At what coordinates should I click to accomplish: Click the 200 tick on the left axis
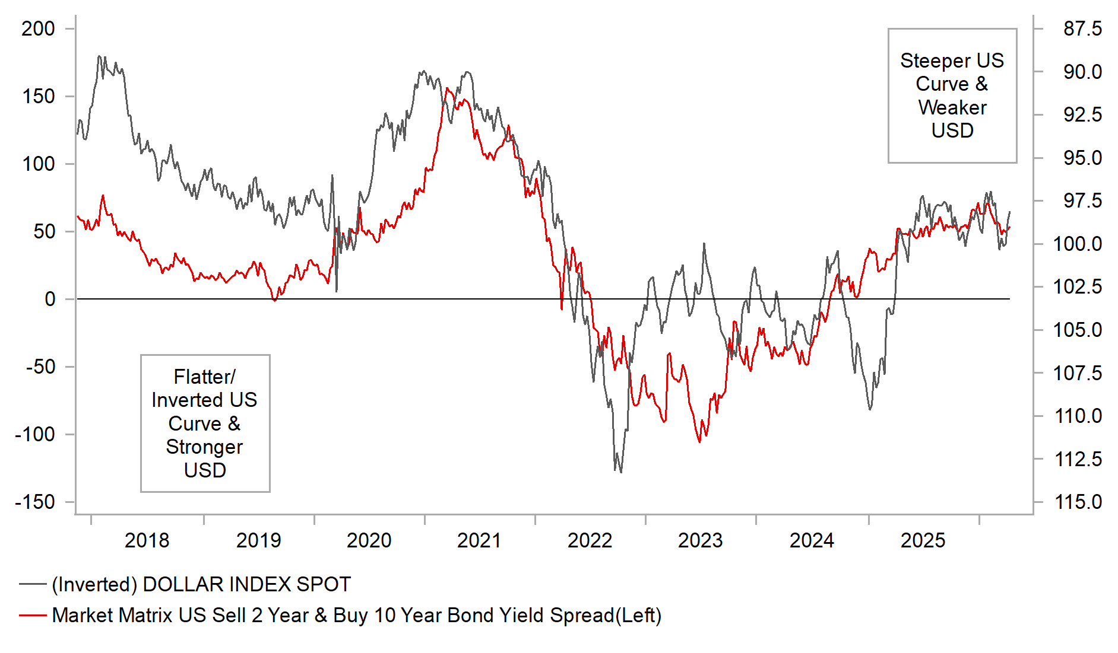point(38,28)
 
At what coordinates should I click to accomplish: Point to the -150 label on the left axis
point(34,502)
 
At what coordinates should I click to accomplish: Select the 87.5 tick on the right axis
point(1082,28)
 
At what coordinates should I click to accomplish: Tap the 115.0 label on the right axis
point(1078,502)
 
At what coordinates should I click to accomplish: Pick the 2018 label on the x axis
point(147,540)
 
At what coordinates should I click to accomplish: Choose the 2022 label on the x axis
point(590,540)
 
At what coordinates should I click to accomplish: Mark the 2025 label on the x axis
point(923,540)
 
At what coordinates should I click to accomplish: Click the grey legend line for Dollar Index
point(33,584)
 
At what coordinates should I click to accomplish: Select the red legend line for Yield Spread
point(33,615)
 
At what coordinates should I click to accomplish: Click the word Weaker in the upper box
point(952,107)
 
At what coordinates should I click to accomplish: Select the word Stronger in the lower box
point(204,447)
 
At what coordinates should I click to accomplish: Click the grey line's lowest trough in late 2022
point(621,472)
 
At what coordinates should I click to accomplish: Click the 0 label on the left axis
point(50,299)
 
